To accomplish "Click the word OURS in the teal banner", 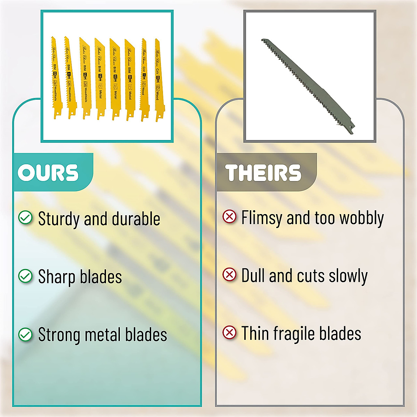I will point(48,173).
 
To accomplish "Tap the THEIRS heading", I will point(263,173).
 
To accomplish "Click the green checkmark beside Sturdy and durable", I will point(25,218).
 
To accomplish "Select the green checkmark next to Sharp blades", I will point(25,276).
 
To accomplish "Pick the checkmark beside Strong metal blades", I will point(25,334).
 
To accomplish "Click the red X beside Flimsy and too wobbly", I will point(229,217).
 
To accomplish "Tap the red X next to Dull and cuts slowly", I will point(229,275).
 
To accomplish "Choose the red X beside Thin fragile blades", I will point(229,333).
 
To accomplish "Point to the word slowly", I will point(348,276).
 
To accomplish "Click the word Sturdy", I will point(59,219).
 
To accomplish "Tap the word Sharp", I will point(57,277).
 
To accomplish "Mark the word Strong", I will point(59,335).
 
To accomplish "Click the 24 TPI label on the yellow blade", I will point(130,78).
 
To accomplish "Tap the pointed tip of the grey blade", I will point(262,40).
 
